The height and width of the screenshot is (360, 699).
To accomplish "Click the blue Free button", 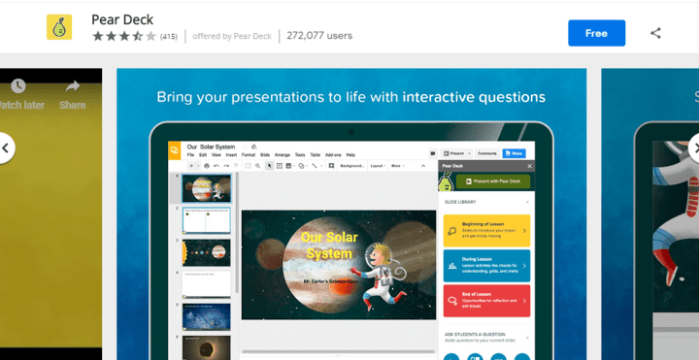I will [596, 33].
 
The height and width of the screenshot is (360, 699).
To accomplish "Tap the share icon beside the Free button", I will [655, 33].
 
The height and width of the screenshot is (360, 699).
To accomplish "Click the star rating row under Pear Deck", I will [123, 36].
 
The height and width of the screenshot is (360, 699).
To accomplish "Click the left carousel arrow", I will [6, 148].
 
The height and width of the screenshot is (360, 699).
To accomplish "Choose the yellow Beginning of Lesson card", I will [486, 232].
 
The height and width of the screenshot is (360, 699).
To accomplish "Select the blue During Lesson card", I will [486, 266].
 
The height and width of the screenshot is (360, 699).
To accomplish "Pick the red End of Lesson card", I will [486, 300].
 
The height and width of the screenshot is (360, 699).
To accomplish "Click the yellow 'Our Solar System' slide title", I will [328, 245].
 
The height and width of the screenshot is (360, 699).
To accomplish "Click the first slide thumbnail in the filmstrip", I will [207, 188].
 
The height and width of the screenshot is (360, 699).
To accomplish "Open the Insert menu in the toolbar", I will [230, 155].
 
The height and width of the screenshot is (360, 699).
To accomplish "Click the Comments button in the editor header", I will [487, 153].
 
